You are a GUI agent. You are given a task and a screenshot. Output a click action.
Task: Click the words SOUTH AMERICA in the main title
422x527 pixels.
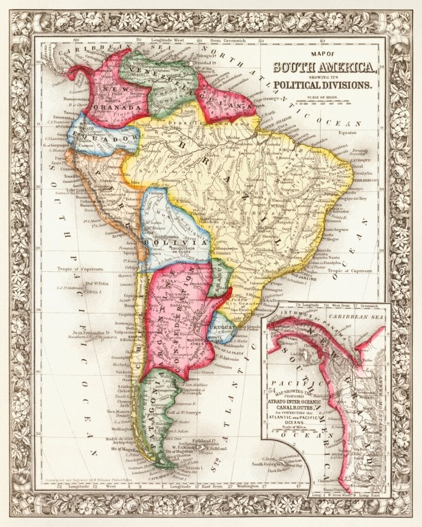pyautogui.click(x=323, y=67)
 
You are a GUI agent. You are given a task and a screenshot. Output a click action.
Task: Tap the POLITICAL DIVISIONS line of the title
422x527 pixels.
pyautogui.click(x=323, y=85)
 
